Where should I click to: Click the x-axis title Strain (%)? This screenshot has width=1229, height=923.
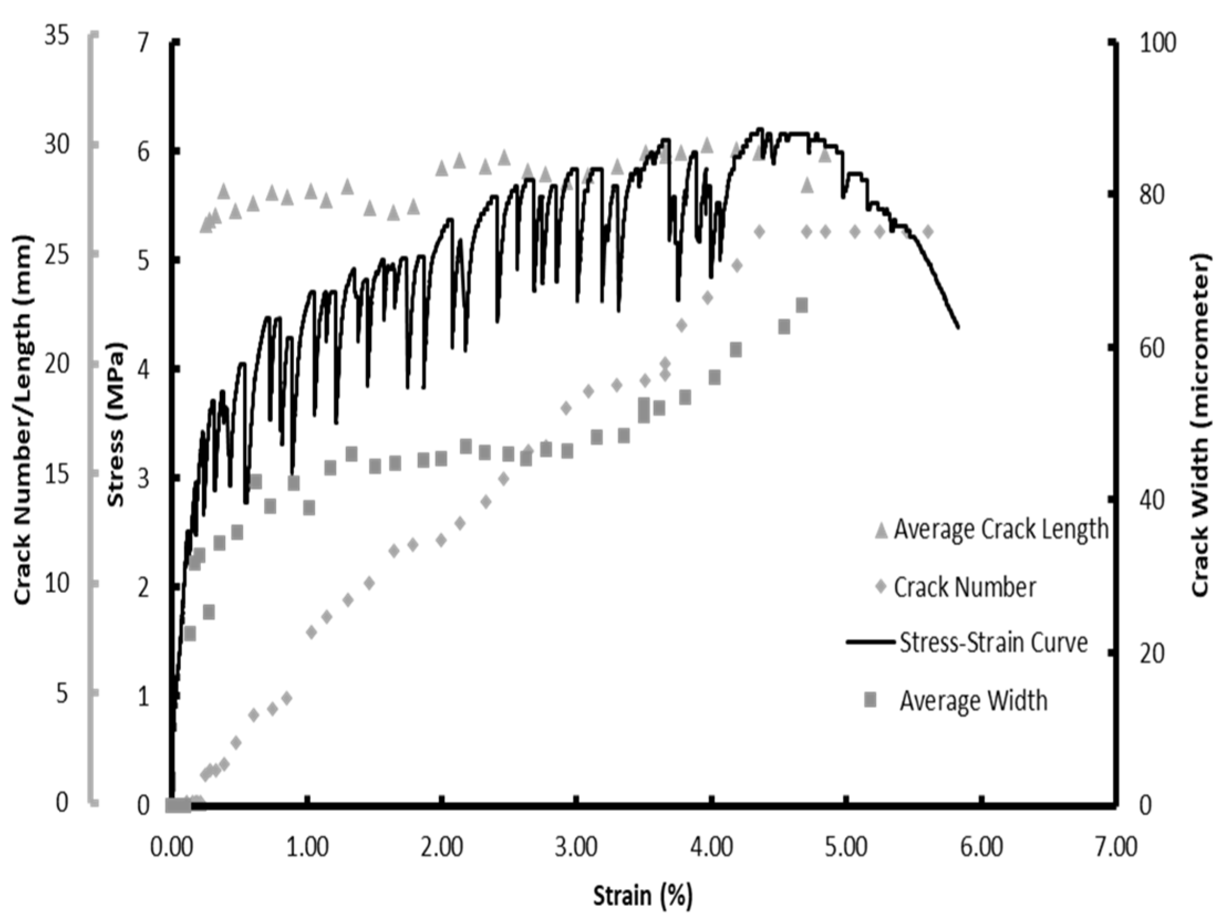[643, 895]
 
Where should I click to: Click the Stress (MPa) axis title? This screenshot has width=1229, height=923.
[116, 424]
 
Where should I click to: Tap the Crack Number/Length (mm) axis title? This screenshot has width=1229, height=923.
[23, 420]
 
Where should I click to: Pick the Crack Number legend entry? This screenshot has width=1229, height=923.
[964, 587]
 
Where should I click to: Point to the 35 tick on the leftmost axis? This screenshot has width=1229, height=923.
[56, 35]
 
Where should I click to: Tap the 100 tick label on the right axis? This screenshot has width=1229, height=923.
[1158, 43]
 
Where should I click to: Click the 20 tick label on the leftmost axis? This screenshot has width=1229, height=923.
[56, 364]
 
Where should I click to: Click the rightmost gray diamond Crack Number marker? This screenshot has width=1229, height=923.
[927, 232]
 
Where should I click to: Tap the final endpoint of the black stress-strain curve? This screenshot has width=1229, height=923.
[958, 327]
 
